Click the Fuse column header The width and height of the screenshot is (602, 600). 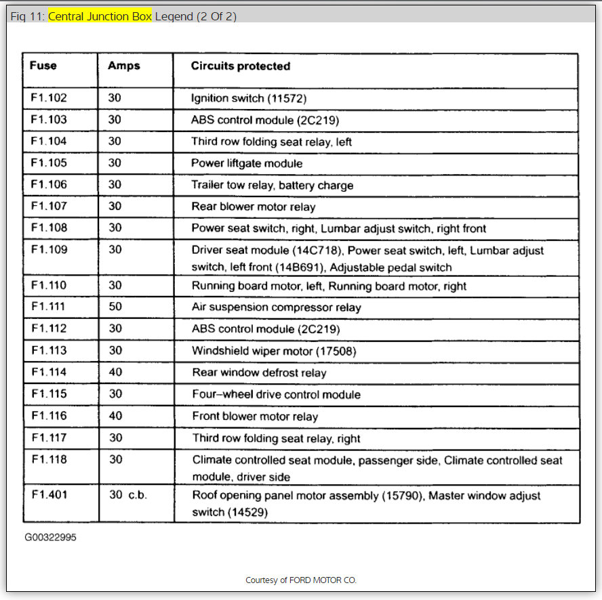(43, 66)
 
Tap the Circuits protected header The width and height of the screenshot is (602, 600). (241, 66)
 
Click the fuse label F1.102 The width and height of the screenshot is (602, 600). (49, 98)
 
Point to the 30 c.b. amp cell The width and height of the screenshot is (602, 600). (127, 495)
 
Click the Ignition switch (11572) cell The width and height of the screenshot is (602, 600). (249, 98)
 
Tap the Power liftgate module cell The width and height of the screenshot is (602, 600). (247, 163)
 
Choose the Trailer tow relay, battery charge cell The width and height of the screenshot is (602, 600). (272, 185)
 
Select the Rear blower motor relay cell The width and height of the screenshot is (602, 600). (253, 207)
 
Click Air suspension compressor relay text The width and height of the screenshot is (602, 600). (276, 307)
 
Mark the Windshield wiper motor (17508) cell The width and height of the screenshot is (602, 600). (273, 351)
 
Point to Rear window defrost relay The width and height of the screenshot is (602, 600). (259, 372)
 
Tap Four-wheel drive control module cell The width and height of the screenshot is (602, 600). (276, 394)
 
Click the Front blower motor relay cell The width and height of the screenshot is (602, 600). (255, 416)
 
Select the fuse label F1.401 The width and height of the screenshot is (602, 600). (49, 495)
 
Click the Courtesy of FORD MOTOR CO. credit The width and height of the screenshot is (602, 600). (301, 580)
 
